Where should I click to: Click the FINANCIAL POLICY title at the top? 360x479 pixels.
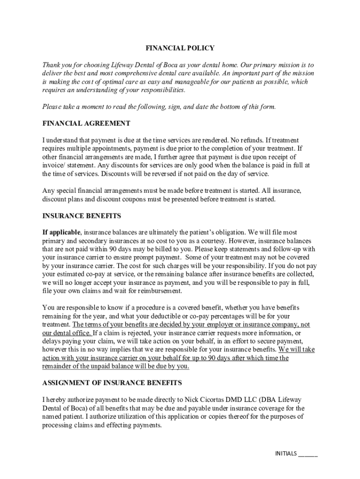coord(180,48)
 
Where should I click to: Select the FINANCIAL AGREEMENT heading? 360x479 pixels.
coord(86,123)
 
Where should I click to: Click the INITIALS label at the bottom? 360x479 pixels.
coord(286,453)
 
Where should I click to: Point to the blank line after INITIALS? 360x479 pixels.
coord(308,454)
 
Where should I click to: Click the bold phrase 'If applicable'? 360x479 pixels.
coord(62,232)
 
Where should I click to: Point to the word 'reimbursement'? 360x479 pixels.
coord(158,291)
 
